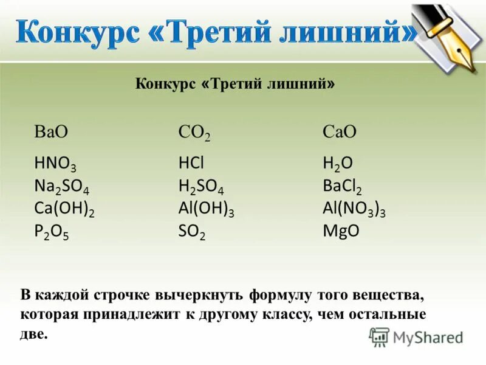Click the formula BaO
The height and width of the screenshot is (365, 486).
click(x=51, y=132)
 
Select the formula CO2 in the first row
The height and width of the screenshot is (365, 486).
click(x=194, y=133)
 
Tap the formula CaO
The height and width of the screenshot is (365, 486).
click(x=340, y=132)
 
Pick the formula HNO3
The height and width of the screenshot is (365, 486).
click(x=55, y=163)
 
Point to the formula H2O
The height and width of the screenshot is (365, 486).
click(x=337, y=163)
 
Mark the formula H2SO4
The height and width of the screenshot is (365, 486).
click(x=201, y=186)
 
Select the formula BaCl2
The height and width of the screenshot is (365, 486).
click(x=342, y=186)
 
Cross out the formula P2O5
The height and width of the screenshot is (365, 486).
click(x=52, y=232)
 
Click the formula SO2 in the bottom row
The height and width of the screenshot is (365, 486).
click(x=192, y=232)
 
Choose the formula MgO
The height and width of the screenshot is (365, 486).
click(x=341, y=231)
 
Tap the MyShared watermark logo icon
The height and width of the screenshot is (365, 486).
click(x=379, y=336)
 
